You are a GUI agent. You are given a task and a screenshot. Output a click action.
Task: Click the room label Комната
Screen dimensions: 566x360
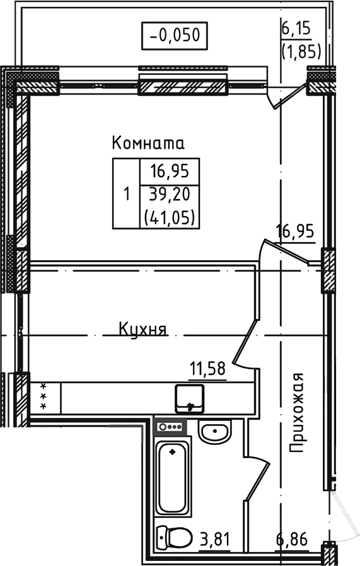(148, 143)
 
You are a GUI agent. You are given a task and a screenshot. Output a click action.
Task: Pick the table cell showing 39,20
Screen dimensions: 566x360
(169, 193)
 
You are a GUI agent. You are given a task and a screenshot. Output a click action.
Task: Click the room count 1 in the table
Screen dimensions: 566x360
(126, 193)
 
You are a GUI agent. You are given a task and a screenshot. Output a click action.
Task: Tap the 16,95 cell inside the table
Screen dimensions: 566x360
(169, 171)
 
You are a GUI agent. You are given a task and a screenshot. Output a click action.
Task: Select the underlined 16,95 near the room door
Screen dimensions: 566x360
(295, 233)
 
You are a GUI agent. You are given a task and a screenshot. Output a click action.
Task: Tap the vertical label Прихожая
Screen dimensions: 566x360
(297, 413)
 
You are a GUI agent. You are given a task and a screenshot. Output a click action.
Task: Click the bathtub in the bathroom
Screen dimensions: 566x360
(173, 478)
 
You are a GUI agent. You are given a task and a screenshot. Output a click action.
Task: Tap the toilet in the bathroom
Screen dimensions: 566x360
(175, 538)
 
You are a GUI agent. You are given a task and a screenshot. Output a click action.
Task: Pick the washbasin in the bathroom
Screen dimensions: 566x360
(214, 433)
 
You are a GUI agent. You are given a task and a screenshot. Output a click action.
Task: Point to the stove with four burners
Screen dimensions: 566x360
(171, 427)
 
